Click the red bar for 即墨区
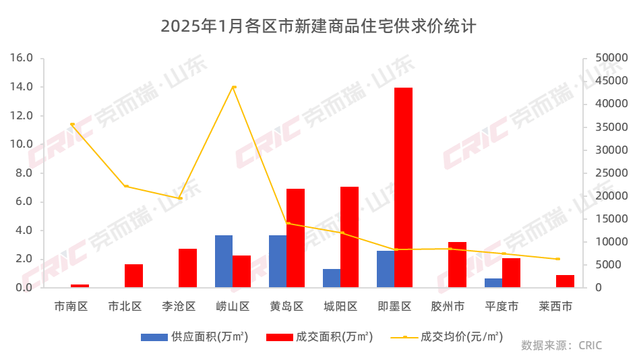coord(403,187)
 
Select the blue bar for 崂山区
coord(224,262)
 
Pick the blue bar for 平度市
coord(493,283)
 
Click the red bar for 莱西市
coord(565,281)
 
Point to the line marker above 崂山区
coord(234,87)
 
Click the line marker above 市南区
coord(72,124)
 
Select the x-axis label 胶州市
coord(448,307)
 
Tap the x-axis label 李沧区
coord(179,307)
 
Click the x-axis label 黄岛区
coord(286,307)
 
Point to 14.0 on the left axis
coord(22,87)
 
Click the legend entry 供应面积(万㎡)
coord(195,336)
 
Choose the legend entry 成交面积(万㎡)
coord(320,336)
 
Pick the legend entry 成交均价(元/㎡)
coord(446,336)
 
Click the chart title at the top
coord(318,27)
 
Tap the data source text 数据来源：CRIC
coord(562,345)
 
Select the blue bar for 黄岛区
coord(278,262)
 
